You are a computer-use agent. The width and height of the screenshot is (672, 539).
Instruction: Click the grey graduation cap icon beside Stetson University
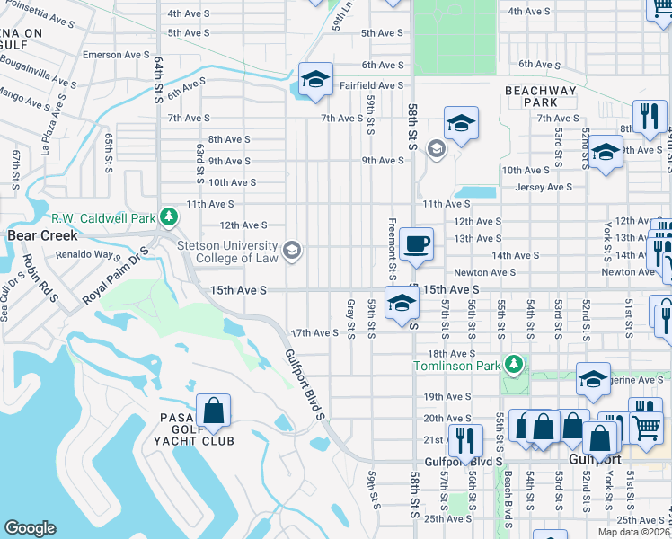292,251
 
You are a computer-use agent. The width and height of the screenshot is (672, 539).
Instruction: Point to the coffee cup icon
416,245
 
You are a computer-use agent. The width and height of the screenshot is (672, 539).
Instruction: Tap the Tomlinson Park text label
456,365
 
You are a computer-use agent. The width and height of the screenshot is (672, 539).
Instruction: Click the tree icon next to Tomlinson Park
513,365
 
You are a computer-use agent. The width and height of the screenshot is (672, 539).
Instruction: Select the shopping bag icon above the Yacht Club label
214,412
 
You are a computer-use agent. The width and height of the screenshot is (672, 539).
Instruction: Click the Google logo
30,527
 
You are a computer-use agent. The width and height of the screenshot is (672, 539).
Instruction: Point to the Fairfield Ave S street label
372,85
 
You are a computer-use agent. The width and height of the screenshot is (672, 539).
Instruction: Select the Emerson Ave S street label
115,55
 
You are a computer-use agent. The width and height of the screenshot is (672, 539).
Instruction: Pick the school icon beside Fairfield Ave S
315,80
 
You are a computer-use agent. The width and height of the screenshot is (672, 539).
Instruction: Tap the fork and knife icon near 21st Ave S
464,440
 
